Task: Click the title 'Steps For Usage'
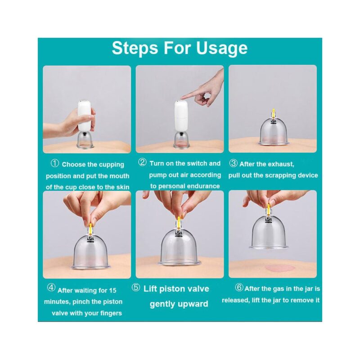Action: tap(180, 48)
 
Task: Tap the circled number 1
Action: tap(55, 164)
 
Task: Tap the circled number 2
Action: tap(142, 162)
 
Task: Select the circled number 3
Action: tap(233, 164)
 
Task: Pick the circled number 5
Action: tap(135, 288)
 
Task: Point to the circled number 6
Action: tap(239, 288)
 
